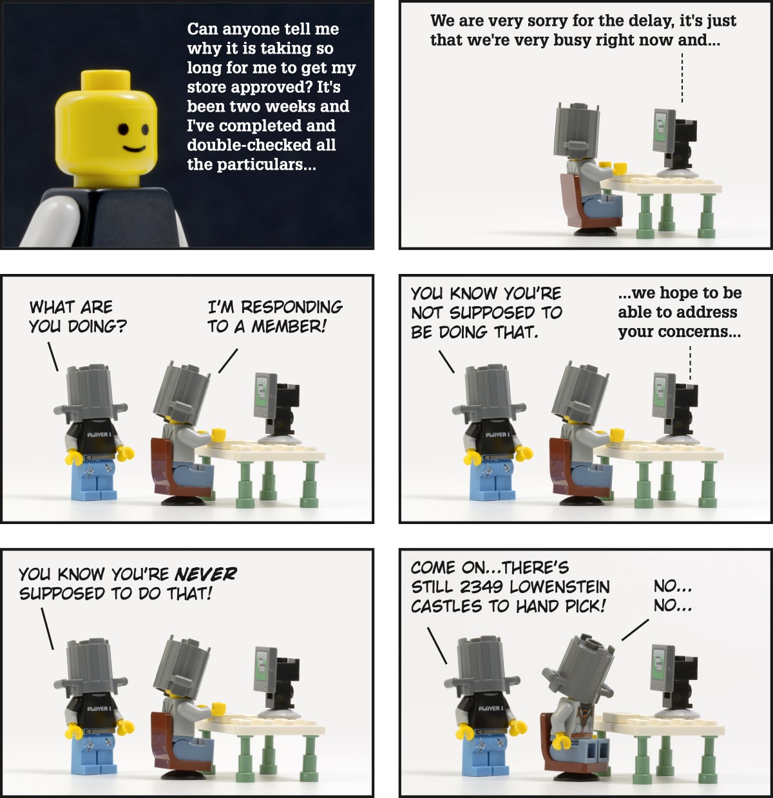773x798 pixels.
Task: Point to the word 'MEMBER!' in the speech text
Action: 289,327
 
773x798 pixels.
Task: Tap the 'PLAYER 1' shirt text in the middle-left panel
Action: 99,434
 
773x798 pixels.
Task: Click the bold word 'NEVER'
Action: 205,574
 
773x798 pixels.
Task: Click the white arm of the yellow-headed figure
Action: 53,221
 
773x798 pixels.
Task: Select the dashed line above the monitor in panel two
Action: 682,77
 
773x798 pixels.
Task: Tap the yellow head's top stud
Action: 106,80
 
